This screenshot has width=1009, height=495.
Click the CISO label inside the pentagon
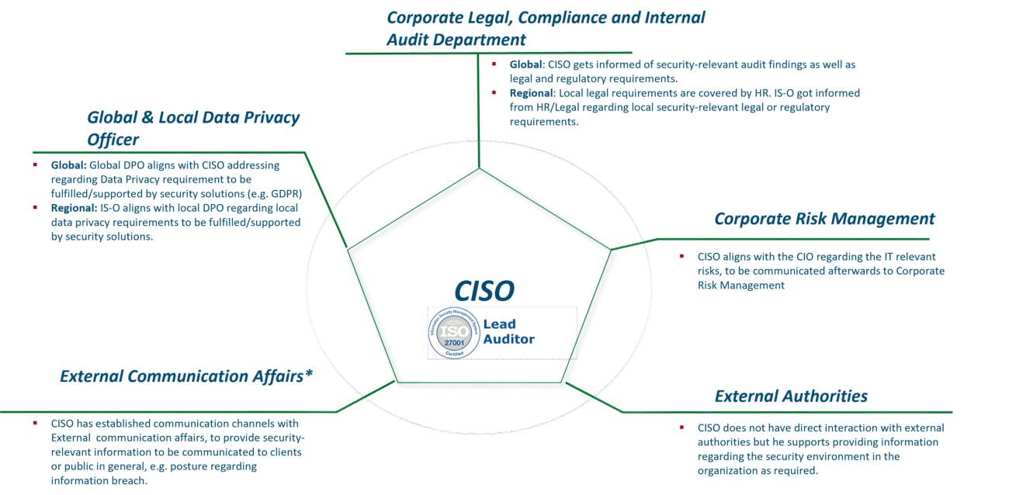[x=484, y=290]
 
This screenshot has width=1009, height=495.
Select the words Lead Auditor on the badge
[x=509, y=331]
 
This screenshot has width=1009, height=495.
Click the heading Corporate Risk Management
[x=824, y=220]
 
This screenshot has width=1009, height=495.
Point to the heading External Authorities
[x=791, y=396]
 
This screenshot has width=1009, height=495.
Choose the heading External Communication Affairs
[x=182, y=376]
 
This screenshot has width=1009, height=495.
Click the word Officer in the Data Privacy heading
[x=113, y=140]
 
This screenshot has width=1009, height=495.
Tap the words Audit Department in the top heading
[x=456, y=40]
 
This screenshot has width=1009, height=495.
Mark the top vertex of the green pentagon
[x=479, y=169]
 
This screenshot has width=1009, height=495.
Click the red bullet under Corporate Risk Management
[x=681, y=256]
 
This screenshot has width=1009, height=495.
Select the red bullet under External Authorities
[x=681, y=427]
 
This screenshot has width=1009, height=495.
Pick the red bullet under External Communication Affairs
[x=35, y=424]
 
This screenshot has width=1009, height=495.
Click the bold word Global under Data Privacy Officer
[x=68, y=165]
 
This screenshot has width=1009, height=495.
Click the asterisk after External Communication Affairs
[x=310, y=373]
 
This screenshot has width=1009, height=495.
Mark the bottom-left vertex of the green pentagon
[x=397, y=381]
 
